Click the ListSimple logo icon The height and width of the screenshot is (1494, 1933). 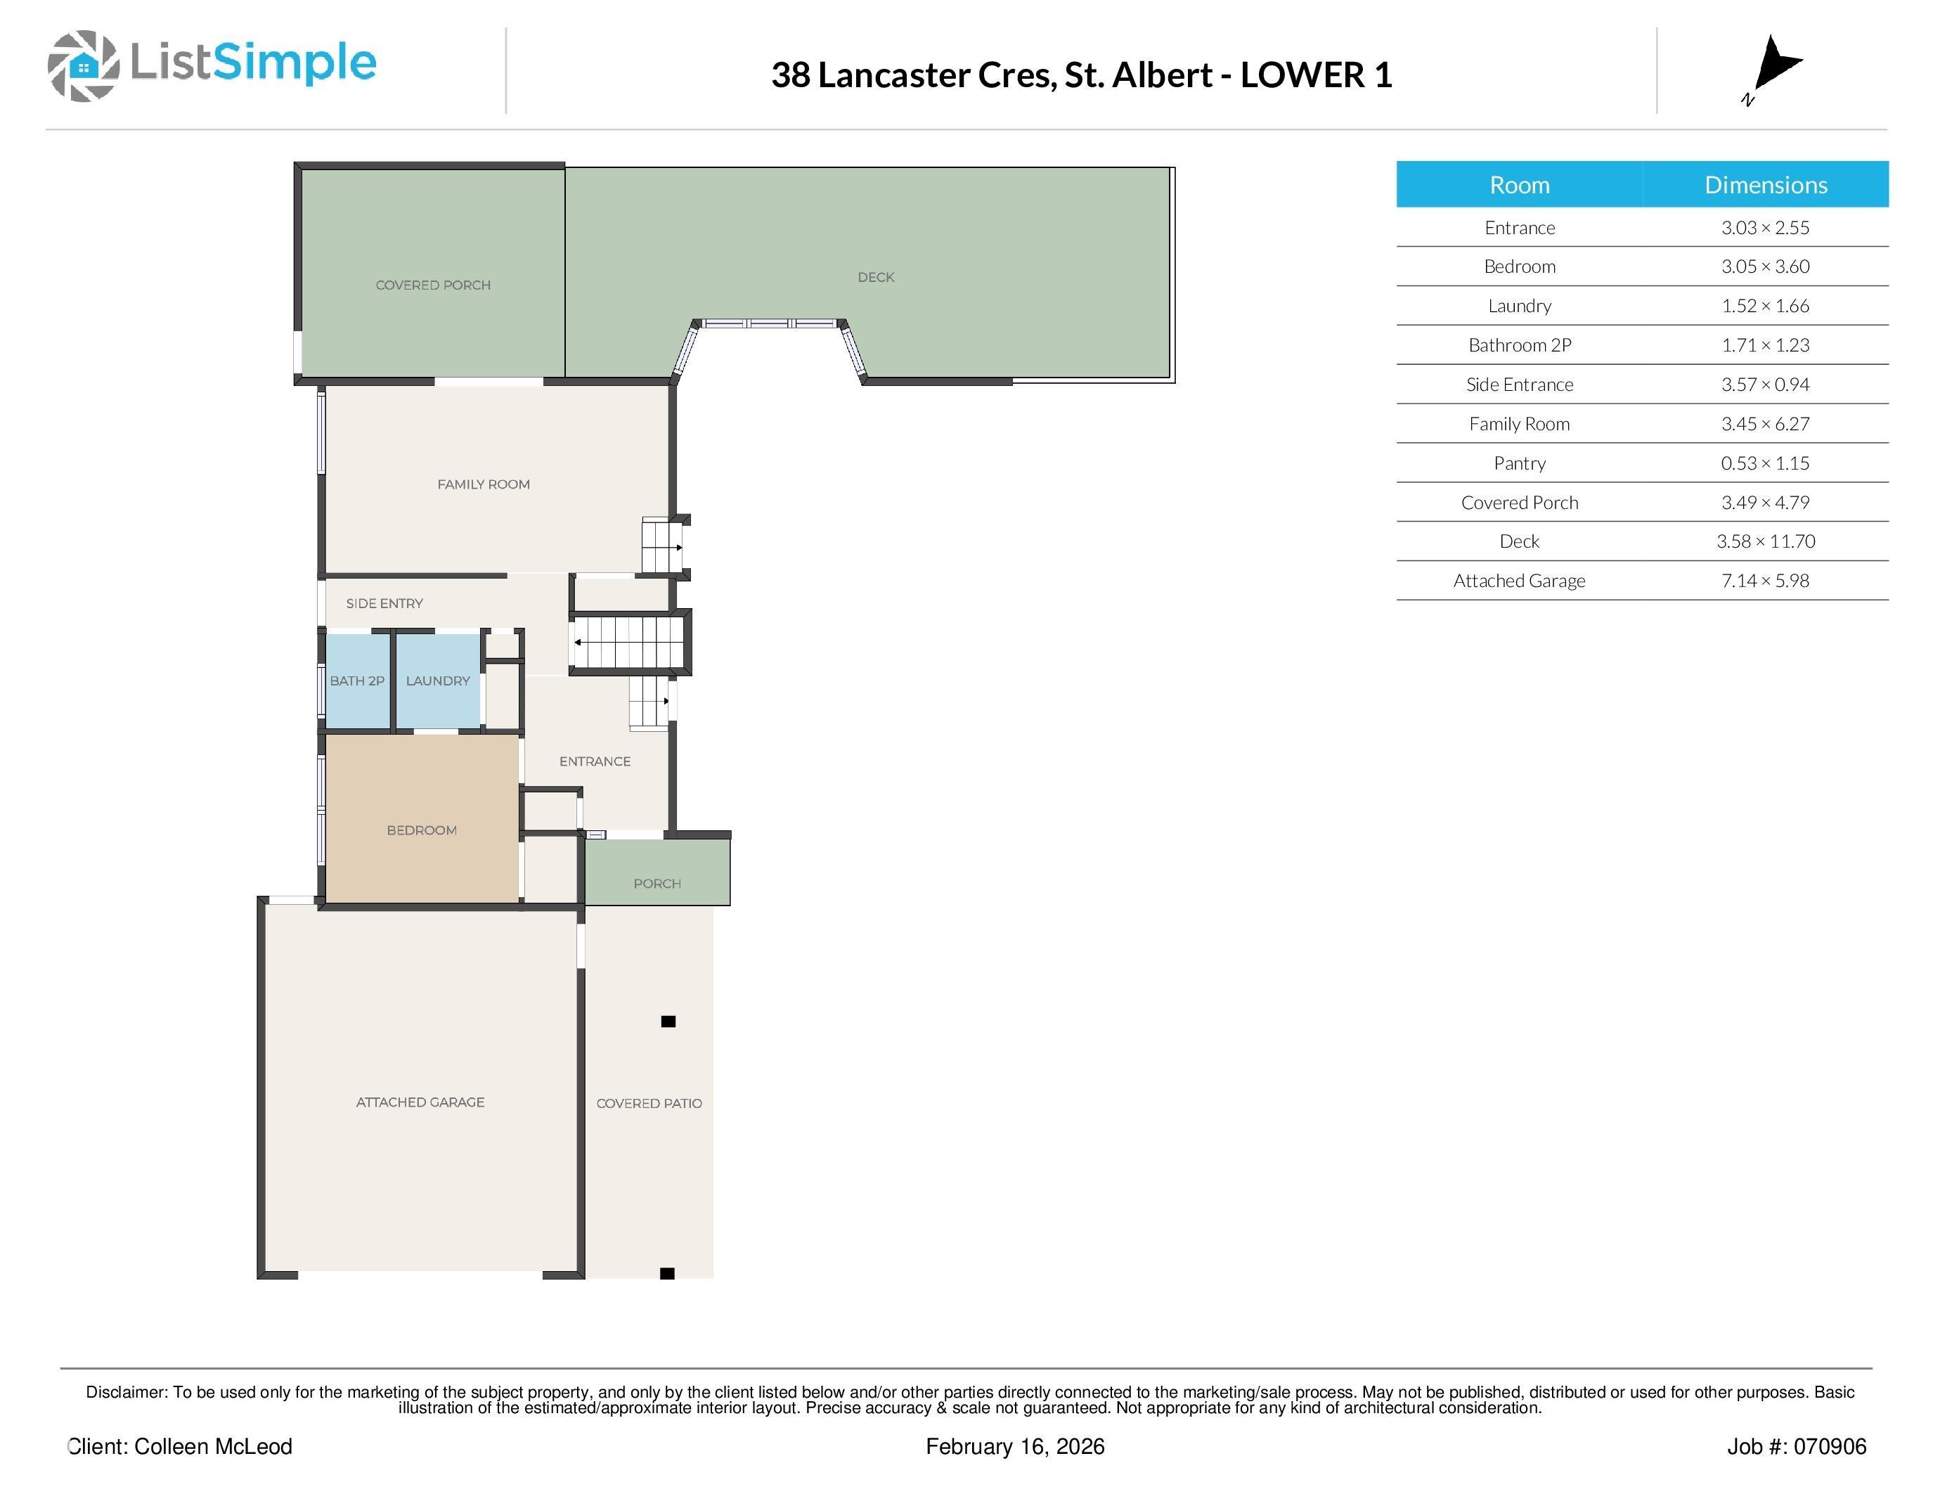pyautogui.click(x=83, y=65)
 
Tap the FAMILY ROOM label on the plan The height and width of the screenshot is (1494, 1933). pyautogui.click(x=484, y=484)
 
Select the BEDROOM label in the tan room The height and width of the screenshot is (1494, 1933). pyautogui.click(x=421, y=830)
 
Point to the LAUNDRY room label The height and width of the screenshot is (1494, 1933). pyautogui.click(x=437, y=681)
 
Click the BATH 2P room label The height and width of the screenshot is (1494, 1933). pyautogui.click(x=356, y=681)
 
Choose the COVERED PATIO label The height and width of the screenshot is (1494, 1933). pyautogui.click(x=649, y=1104)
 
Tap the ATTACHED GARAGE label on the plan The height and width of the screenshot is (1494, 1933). pyautogui.click(x=420, y=1102)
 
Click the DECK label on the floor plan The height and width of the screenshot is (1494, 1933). pyautogui.click(x=875, y=277)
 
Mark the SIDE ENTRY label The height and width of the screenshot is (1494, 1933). pyautogui.click(x=384, y=604)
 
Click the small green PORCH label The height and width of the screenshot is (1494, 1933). pyautogui.click(x=657, y=883)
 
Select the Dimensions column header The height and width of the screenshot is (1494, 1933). pyautogui.click(x=1766, y=185)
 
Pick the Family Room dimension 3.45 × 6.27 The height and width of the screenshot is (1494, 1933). pyautogui.click(x=1765, y=424)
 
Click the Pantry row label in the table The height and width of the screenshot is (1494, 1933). pyautogui.click(x=1519, y=463)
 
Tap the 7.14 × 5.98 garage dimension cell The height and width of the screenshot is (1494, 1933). pyautogui.click(x=1765, y=581)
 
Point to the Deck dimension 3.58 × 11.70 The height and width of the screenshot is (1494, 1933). pyautogui.click(x=1765, y=541)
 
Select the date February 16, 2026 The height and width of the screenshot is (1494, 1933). pyautogui.click(x=1015, y=1447)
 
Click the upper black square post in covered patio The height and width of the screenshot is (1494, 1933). pyautogui.click(x=668, y=1022)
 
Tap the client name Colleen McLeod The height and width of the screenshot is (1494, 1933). pyautogui.click(x=212, y=1446)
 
